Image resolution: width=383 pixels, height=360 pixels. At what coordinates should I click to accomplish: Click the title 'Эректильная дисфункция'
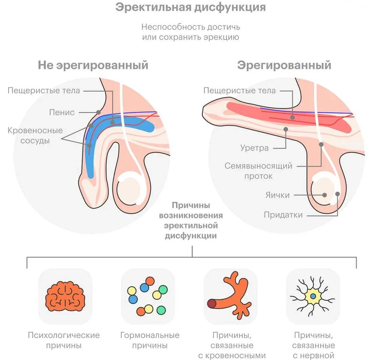[190, 7]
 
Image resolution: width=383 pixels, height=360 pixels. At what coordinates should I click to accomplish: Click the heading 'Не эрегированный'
[93, 65]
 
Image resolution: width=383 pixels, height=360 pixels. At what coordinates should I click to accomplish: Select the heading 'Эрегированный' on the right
[284, 65]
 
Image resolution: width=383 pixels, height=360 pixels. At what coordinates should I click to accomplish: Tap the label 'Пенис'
[62, 112]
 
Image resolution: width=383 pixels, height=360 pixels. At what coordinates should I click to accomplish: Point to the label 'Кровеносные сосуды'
[35, 135]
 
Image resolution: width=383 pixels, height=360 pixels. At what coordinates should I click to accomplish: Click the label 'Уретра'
[254, 148]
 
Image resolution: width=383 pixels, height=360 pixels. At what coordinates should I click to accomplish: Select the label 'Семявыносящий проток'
[258, 171]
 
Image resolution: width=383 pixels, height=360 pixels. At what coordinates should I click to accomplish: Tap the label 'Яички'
[277, 195]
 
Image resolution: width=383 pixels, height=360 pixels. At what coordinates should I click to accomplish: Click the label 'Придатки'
[283, 215]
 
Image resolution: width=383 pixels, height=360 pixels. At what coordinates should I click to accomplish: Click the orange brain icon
[65, 296]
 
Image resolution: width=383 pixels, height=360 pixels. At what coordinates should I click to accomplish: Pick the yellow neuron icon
[313, 296]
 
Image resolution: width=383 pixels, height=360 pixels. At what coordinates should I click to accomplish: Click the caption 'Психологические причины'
[64, 340]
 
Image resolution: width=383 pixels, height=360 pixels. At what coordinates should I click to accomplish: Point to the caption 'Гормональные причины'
[150, 340]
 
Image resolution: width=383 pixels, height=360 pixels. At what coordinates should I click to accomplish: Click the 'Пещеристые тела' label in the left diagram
[44, 91]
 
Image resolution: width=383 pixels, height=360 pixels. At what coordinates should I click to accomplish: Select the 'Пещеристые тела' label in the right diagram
[240, 91]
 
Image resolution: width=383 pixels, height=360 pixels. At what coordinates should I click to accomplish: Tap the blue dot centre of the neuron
[313, 296]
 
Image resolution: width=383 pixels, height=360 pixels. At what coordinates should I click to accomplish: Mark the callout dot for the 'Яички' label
[325, 195]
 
